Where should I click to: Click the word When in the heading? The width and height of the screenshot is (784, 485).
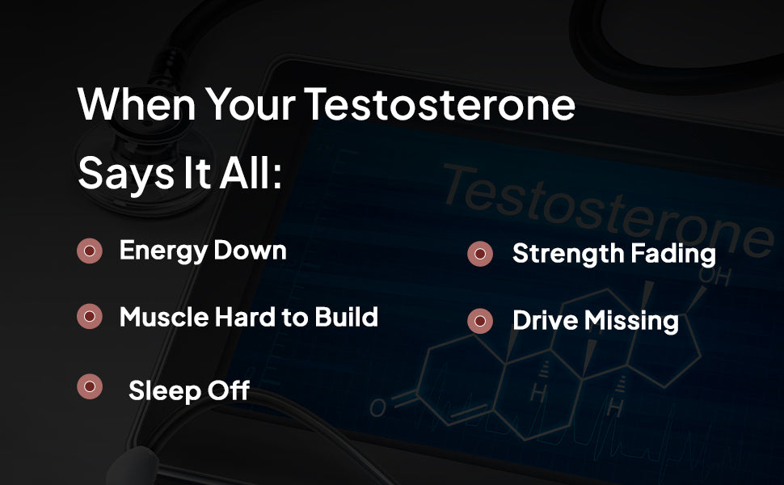pos(137,104)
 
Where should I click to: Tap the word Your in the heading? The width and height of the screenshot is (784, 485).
pos(251,104)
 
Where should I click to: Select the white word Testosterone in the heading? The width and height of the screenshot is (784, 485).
pos(440,104)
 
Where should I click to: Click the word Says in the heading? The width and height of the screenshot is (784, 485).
pos(126,174)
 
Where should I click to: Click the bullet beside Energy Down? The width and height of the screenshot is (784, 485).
pos(90,251)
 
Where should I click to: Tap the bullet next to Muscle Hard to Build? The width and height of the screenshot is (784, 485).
pos(90,316)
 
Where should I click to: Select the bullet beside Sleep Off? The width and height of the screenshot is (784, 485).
pos(90,386)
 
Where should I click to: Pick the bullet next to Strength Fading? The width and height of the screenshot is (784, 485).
pos(480,254)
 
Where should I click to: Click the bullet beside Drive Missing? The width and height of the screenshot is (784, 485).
pos(480,321)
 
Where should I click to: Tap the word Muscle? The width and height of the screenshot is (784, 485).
pos(164,317)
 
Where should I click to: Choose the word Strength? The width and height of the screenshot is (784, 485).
pos(567,254)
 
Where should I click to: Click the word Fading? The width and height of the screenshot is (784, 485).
pos(673,254)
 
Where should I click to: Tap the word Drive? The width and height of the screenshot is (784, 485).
pos(545,320)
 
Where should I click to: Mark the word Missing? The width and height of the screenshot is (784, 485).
pos(631,321)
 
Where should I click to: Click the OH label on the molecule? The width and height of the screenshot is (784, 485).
pos(715,276)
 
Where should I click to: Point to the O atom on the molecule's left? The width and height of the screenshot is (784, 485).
pos(378,407)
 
